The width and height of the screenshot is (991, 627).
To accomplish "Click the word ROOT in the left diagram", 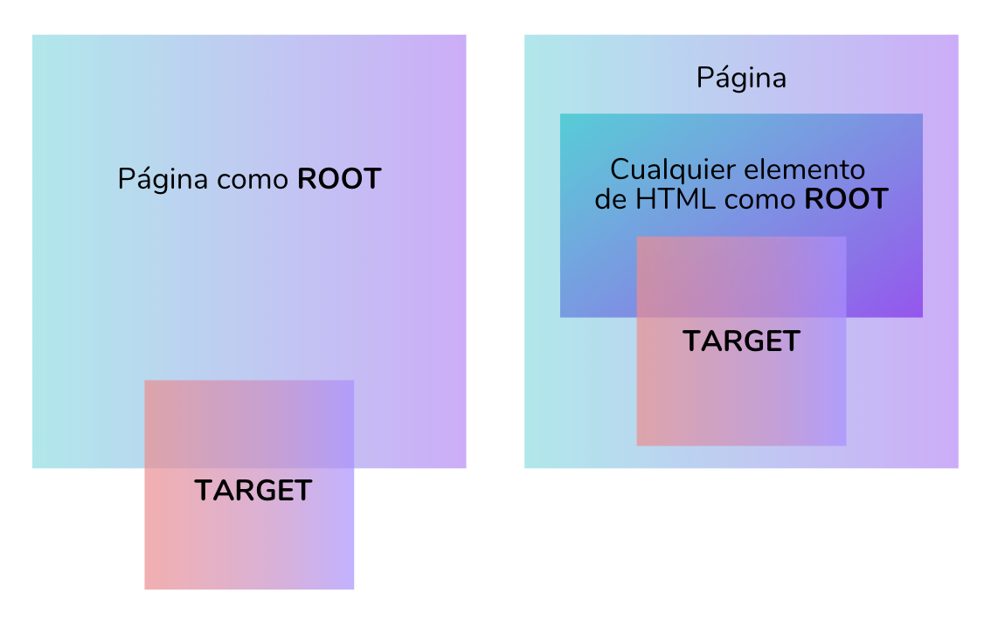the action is click(x=339, y=179).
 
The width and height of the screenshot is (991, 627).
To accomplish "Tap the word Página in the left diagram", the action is click(x=163, y=180).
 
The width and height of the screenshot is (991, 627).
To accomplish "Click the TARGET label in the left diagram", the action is click(x=253, y=491).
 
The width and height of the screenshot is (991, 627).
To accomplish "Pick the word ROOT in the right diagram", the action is click(x=847, y=199).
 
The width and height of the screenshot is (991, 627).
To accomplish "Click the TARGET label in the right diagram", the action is click(x=741, y=341).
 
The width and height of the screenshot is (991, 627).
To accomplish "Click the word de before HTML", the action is click(x=611, y=199).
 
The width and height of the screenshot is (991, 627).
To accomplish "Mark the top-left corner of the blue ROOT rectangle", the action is click(x=560, y=114).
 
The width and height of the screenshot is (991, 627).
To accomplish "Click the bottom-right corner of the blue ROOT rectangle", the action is click(x=922, y=317).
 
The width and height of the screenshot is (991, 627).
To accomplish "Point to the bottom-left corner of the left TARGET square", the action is click(x=145, y=589).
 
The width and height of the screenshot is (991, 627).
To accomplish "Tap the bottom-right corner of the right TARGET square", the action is click(x=846, y=445).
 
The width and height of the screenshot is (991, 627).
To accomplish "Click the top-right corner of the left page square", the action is click(x=466, y=35).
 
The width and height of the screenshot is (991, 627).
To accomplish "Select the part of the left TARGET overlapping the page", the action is click(x=249, y=424).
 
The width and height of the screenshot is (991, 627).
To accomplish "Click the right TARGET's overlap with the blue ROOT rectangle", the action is click(x=741, y=277).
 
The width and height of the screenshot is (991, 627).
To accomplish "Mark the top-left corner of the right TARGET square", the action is click(x=637, y=237).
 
